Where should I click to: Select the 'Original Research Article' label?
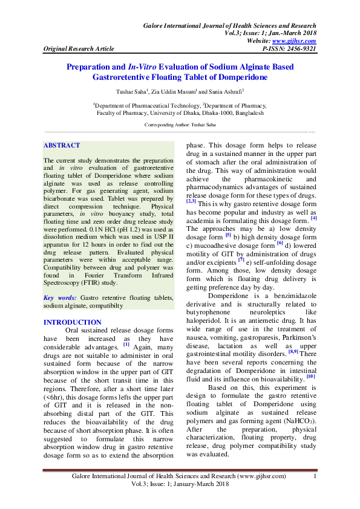(x=76, y=48)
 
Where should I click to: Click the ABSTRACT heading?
(x=62, y=146)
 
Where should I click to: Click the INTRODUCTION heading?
(x=73, y=323)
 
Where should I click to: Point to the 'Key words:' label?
(x=61, y=298)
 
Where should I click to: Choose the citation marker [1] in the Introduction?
(x=126, y=345)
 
